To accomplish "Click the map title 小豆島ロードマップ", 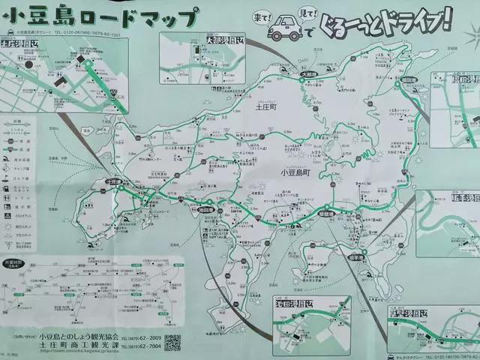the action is click(x=102, y=16).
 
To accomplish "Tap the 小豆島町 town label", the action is click(x=296, y=172).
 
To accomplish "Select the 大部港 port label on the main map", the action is click(x=309, y=74).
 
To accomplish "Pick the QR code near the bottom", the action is click(x=172, y=343).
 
